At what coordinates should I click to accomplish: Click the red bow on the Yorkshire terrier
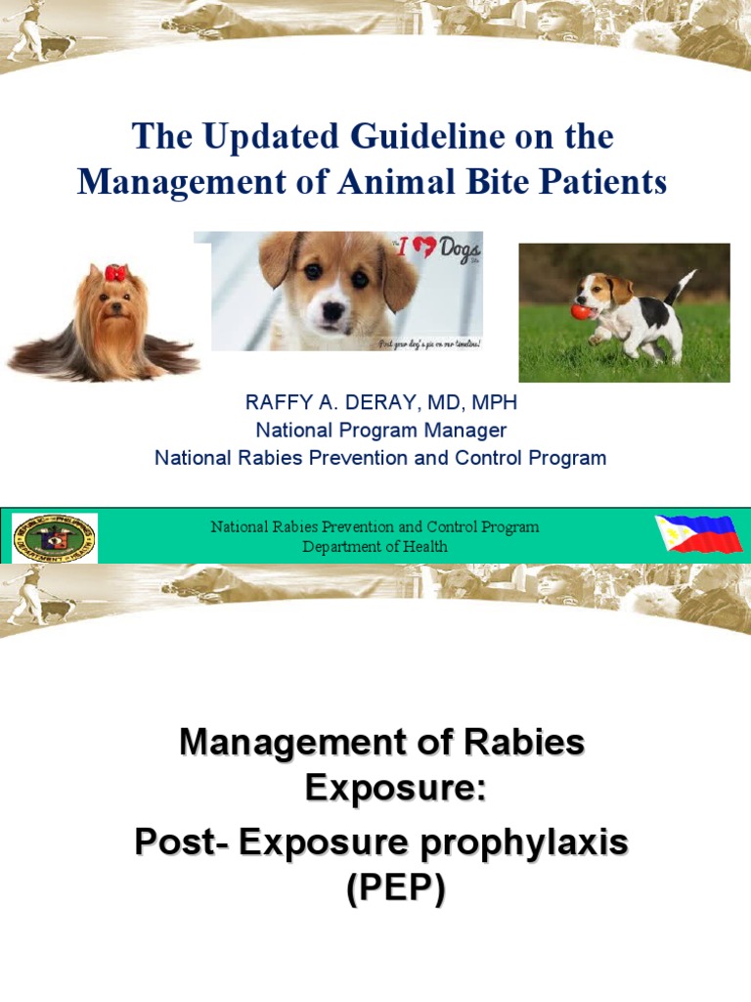coord(116,273)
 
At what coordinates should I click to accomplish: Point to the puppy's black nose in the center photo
coord(333,310)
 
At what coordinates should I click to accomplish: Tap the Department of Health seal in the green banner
coord(55,538)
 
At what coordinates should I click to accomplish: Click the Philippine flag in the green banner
coord(698,534)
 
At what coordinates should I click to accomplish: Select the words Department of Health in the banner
coord(375,546)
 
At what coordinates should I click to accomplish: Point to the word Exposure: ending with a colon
coord(395,786)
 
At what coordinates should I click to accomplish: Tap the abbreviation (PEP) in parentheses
coord(395,888)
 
